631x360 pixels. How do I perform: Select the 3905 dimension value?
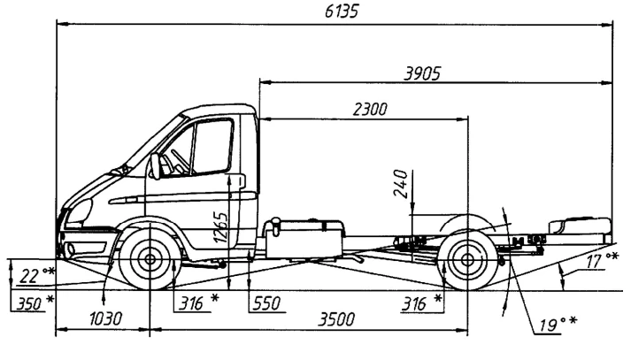422,73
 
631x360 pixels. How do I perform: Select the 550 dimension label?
266,303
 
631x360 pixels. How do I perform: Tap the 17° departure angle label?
603,263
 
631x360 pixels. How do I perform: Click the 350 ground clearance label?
30,303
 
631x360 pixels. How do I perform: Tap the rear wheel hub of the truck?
466,262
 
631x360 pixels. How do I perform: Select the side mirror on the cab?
156,166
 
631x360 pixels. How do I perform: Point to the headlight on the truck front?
79,212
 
